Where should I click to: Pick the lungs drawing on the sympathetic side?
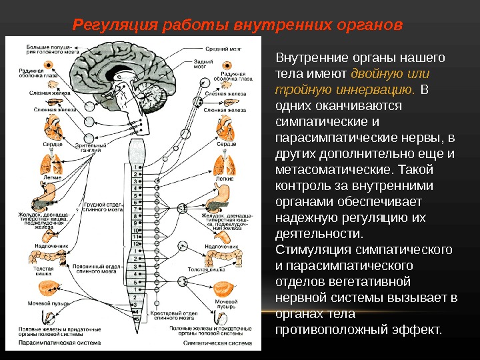[225, 165]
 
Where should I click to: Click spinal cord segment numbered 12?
[137, 244]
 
